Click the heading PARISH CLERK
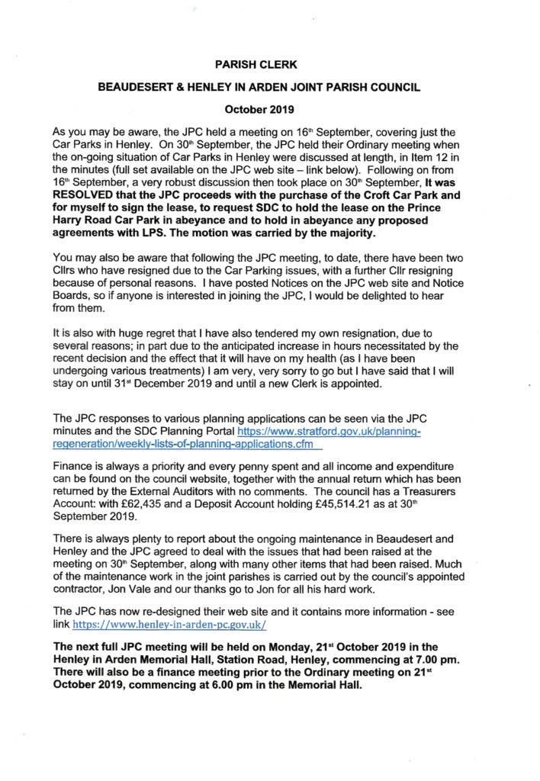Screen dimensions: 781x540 [269, 66]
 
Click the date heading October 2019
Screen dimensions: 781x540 [269, 108]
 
